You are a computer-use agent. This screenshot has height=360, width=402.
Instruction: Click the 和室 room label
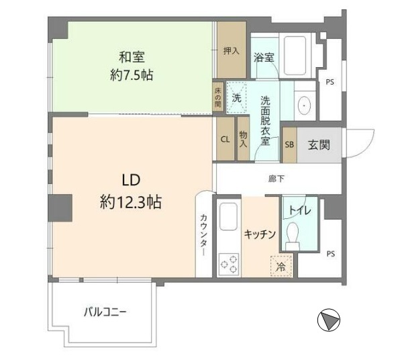pos(132,57)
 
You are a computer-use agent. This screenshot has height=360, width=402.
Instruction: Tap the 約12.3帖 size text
pos(131,202)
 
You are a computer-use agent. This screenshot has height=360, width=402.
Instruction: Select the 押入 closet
pos(232,50)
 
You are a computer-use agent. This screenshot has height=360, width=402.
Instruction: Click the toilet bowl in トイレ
pos(293,236)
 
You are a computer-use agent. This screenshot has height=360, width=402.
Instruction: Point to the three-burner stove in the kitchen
pos(229,264)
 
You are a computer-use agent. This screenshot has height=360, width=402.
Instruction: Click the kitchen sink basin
pos(228,216)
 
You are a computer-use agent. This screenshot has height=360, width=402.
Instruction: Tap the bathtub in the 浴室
pos(295,56)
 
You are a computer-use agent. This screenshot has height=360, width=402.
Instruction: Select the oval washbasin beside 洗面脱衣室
pos(305,105)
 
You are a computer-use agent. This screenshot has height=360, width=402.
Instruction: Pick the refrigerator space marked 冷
pos(281,266)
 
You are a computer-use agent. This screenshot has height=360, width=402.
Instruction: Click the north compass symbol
pos(328,320)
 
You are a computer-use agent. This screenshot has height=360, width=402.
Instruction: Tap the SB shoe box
pos(289,145)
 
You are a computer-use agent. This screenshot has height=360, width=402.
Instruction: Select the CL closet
pos(225,139)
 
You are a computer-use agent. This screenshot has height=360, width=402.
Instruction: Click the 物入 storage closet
pos(244,139)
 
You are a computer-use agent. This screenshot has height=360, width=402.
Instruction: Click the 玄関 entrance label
pos(319,145)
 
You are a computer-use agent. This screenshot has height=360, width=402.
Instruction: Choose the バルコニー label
pos(105,312)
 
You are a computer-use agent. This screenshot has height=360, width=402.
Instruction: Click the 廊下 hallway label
pos(277,179)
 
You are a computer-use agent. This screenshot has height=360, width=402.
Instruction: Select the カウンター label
pos(203,234)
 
